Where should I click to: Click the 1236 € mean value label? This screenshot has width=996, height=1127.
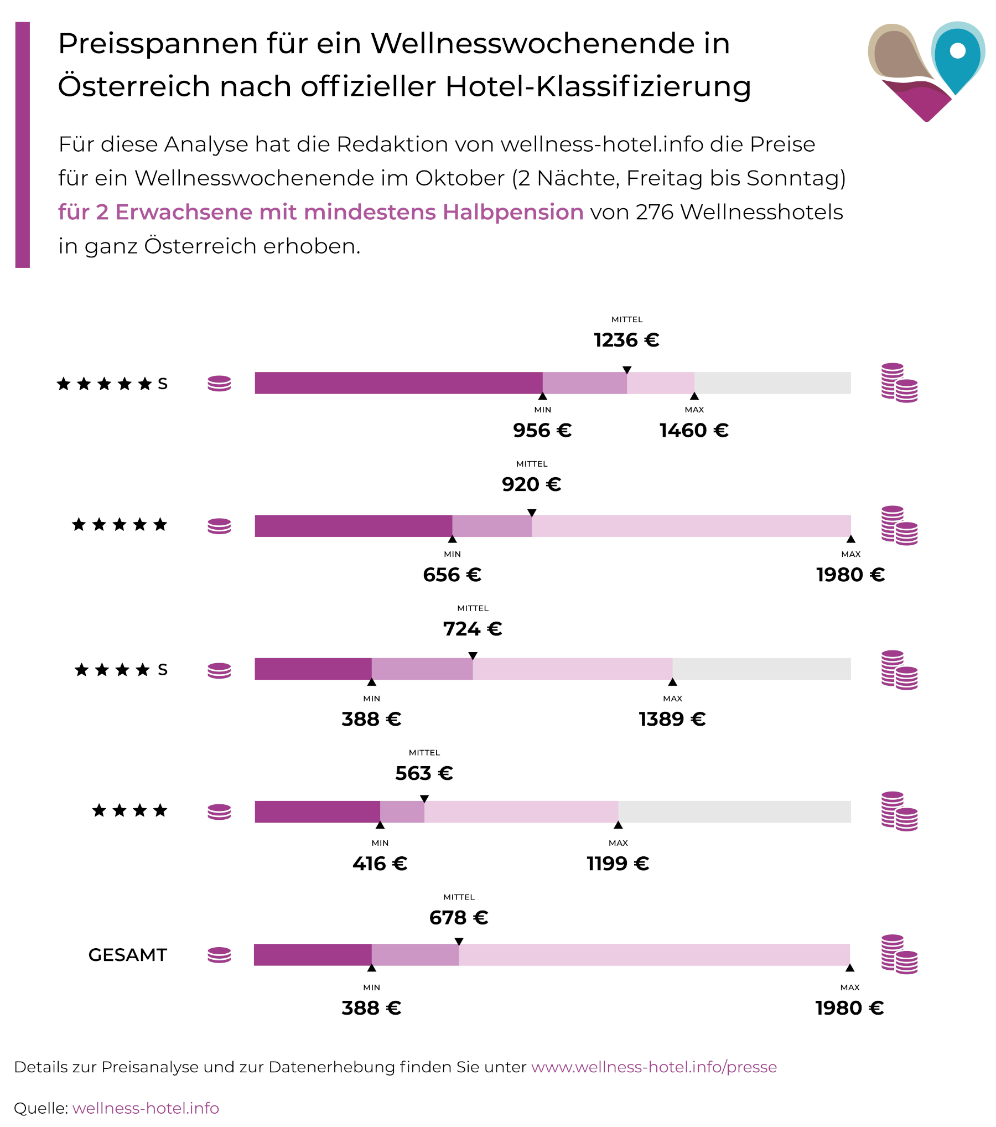[x=626, y=340]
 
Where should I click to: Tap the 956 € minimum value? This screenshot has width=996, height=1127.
[x=542, y=430]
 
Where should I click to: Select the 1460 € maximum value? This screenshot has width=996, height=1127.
[x=694, y=430]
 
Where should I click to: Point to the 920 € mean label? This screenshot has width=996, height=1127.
[x=531, y=484]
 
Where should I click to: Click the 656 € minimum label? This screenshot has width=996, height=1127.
[x=452, y=575]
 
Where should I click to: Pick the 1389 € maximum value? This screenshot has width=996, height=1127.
[x=672, y=719]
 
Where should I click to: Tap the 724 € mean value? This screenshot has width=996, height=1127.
[x=473, y=629]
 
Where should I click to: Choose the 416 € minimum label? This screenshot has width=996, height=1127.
[x=380, y=864]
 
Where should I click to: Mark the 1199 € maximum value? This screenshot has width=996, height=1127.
[x=618, y=864]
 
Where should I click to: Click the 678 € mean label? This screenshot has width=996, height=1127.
[x=459, y=918]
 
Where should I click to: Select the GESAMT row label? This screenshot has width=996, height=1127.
[x=127, y=955]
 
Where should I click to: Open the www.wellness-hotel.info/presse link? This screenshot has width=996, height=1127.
[x=653, y=1067]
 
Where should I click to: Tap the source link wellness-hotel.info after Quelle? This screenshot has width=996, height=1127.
[x=146, y=1108]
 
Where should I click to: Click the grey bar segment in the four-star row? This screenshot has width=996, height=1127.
[x=734, y=811]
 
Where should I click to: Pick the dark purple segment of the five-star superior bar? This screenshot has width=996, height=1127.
[x=398, y=383]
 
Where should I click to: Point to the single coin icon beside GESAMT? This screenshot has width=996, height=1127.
[x=219, y=955]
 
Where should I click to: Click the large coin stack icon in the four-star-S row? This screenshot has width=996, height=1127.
[x=899, y=670]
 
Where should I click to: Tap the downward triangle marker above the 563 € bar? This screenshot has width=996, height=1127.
[x=424, y=799]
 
